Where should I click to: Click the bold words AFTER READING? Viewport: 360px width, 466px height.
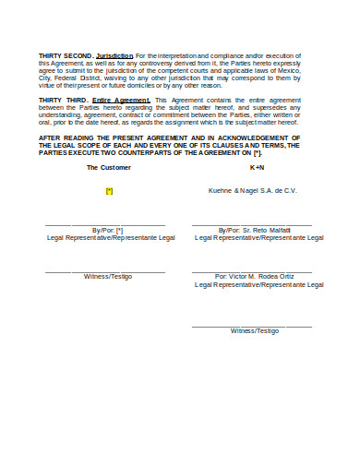(x=66, y=137)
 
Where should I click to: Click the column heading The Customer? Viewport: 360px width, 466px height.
(x=109, y=168)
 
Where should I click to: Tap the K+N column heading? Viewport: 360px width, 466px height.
(x=257, y=168)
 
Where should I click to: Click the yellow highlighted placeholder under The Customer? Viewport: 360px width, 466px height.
(x=109, y=190)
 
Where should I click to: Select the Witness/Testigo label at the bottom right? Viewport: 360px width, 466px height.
(x=255, y=330)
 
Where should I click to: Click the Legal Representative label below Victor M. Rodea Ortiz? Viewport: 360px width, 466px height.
(x=259, y=285)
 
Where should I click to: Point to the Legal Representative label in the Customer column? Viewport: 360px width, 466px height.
(x=111, y=238)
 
